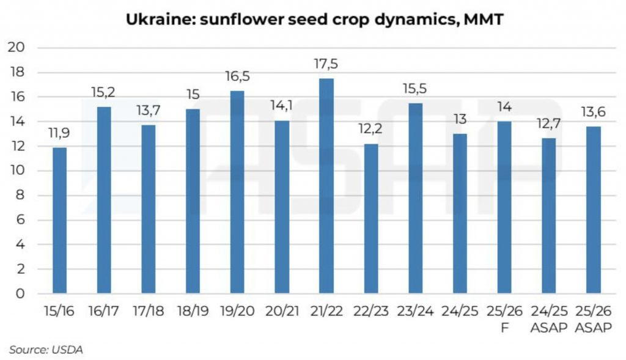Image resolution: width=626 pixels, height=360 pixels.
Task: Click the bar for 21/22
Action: (x=326, y=186)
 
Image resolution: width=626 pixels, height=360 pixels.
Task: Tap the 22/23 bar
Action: (x=371, y=218)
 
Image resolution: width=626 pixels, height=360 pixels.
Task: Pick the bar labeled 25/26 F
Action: (x=504, y=207)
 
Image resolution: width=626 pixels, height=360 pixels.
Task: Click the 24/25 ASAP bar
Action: (x=549, y=215)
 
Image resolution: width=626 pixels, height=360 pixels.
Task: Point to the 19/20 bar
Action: (x=238, y=192)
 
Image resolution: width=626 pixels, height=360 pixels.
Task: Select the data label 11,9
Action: (x=59, y=134)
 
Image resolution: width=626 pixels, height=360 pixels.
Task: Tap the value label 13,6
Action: (x=593, y=113)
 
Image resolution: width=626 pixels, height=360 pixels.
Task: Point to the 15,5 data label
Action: (x=416, y=89)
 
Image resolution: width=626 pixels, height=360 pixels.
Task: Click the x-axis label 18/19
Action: (x=193, y=312)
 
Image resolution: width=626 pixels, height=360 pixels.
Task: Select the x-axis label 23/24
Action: (x=416, y=312)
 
